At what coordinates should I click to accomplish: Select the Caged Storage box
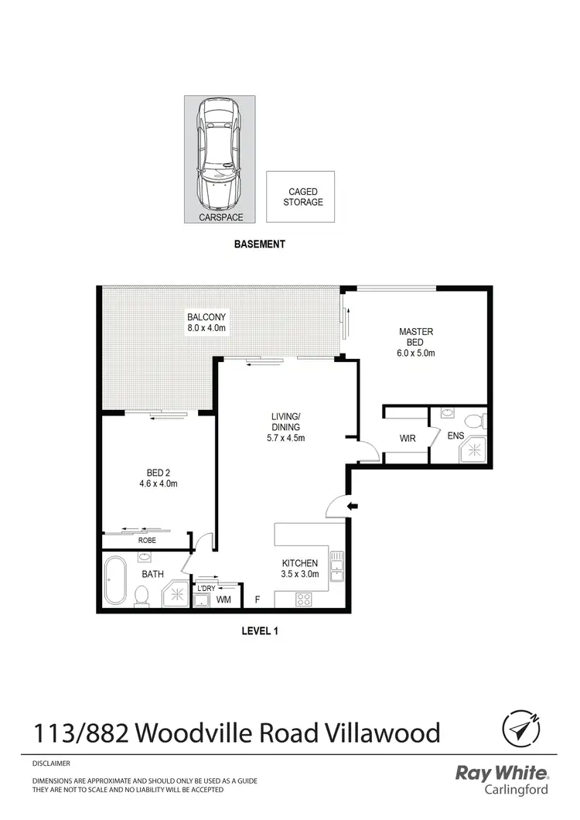[301, 196]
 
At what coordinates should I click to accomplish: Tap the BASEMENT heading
[260, 244]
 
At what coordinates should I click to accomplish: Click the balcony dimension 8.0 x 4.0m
[206, 328]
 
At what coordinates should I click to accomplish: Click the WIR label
[408, 439]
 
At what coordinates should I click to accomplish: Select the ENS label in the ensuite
[456, 436]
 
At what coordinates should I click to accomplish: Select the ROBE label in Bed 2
[147, 540]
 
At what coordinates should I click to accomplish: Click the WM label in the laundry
[223, 600]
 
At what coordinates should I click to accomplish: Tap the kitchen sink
[336, 569]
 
